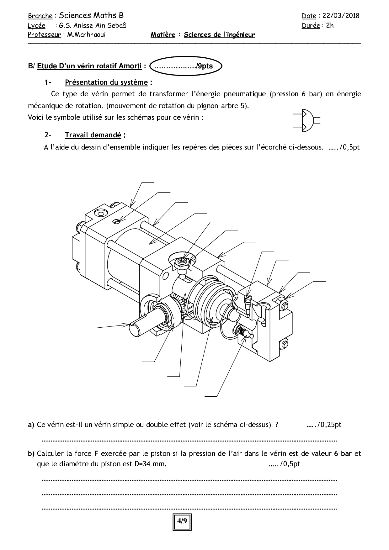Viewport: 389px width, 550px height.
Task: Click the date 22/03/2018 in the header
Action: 341,16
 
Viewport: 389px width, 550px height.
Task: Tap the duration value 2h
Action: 330,26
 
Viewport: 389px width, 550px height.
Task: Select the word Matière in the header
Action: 163,35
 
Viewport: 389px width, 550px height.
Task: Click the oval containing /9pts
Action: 186,66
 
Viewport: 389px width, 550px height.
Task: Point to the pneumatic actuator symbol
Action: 306,121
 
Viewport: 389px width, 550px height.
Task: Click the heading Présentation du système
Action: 106,82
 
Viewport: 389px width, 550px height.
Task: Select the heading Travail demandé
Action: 93,135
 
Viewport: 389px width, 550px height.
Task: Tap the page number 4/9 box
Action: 182,521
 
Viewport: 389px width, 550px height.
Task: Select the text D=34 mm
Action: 150,464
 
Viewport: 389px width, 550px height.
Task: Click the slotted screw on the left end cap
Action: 116,221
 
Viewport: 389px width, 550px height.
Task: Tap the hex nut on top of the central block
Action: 182,264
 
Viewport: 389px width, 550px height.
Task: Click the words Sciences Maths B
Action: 91,15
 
